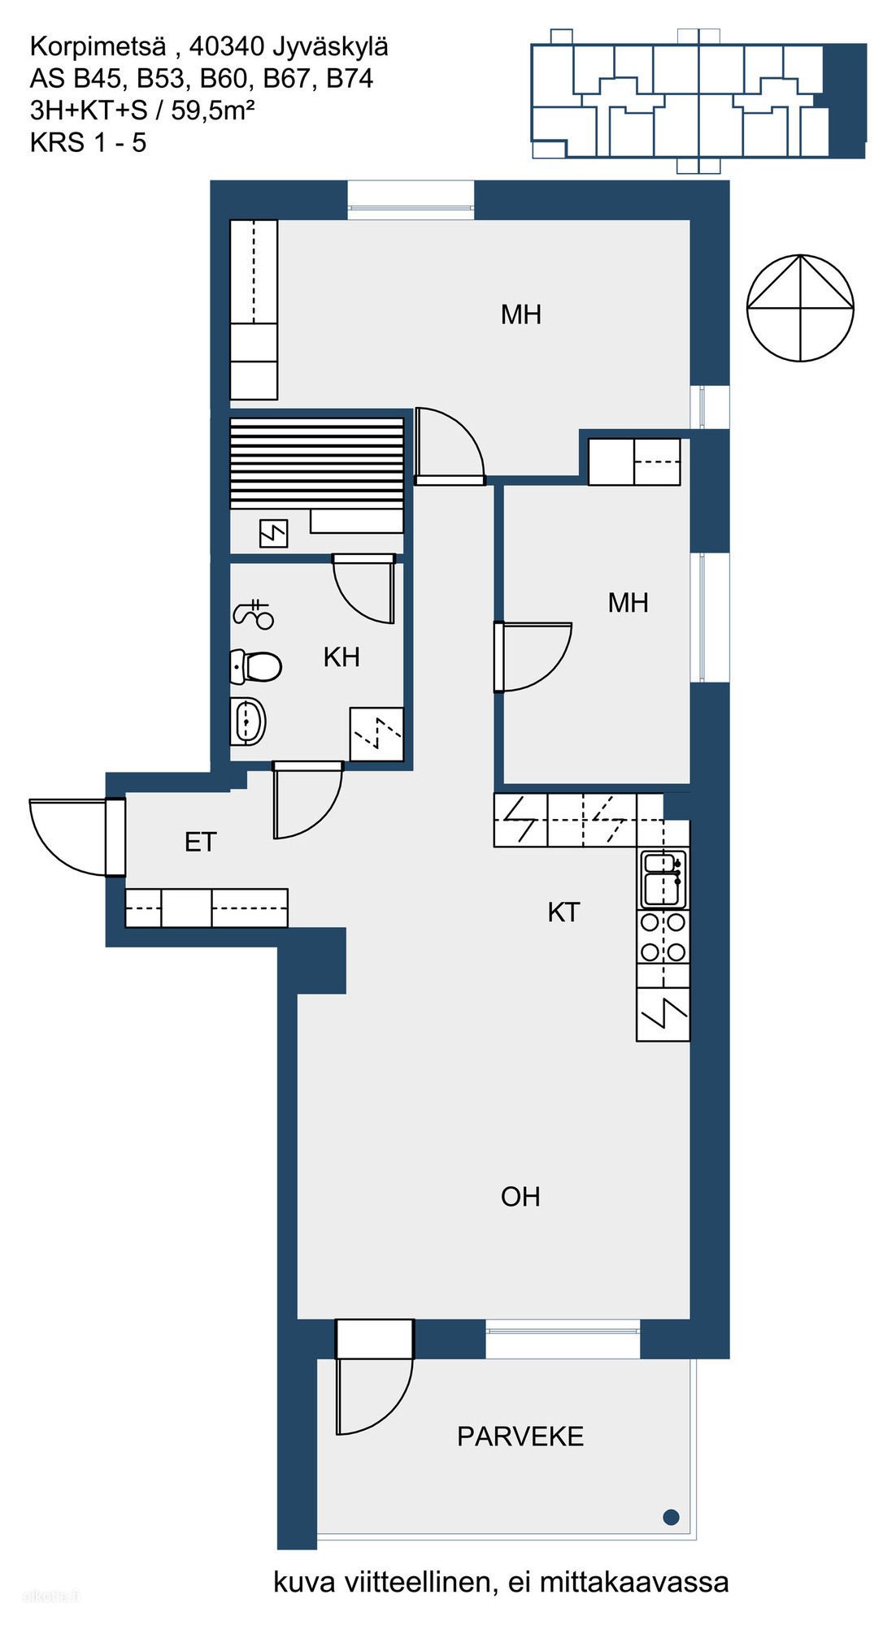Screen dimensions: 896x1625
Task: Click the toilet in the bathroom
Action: pos(255,665)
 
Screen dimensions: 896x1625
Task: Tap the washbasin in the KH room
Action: pos(248,721)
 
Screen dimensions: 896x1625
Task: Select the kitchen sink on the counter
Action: pos(663,878)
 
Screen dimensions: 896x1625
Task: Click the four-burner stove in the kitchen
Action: pos(663,937)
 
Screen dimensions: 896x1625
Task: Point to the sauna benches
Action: pos(317,464)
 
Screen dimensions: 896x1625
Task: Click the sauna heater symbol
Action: pos(273,533)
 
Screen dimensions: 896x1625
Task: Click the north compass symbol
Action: pos(800,308)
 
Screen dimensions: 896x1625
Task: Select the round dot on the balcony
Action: pos(671,1516)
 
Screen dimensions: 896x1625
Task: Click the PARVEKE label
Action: pos(520,1436)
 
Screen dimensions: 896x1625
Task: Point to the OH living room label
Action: pos(520,1196)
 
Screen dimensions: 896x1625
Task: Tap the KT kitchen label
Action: pos(563,912)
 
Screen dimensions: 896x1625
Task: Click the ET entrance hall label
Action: pos(201,842)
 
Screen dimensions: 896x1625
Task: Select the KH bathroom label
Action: pos(341,656)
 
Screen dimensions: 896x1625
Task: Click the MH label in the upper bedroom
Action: pos(521,314)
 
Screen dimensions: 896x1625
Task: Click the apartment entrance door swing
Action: pos(68,837)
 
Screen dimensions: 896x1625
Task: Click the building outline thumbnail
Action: pos(698,101)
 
